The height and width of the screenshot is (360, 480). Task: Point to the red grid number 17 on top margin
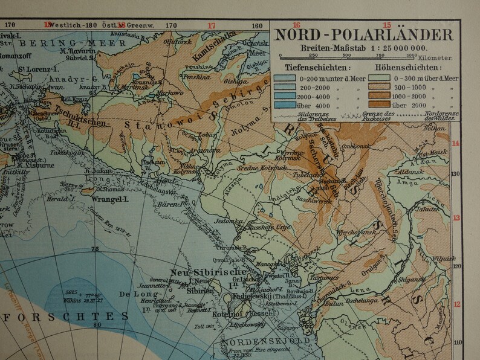(211, 25)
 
